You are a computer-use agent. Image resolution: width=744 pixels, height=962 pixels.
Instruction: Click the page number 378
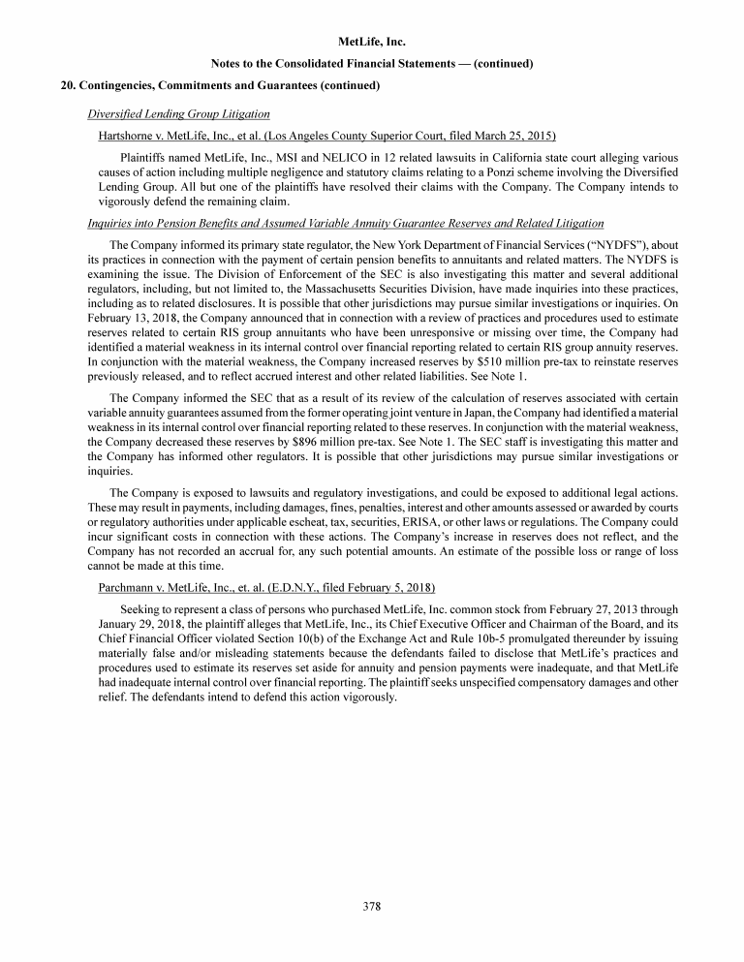coord(372,907)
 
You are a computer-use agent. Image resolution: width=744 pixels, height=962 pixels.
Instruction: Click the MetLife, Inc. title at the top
coord(372,43)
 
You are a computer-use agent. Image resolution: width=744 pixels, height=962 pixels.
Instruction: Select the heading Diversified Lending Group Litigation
coord(178,113)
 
